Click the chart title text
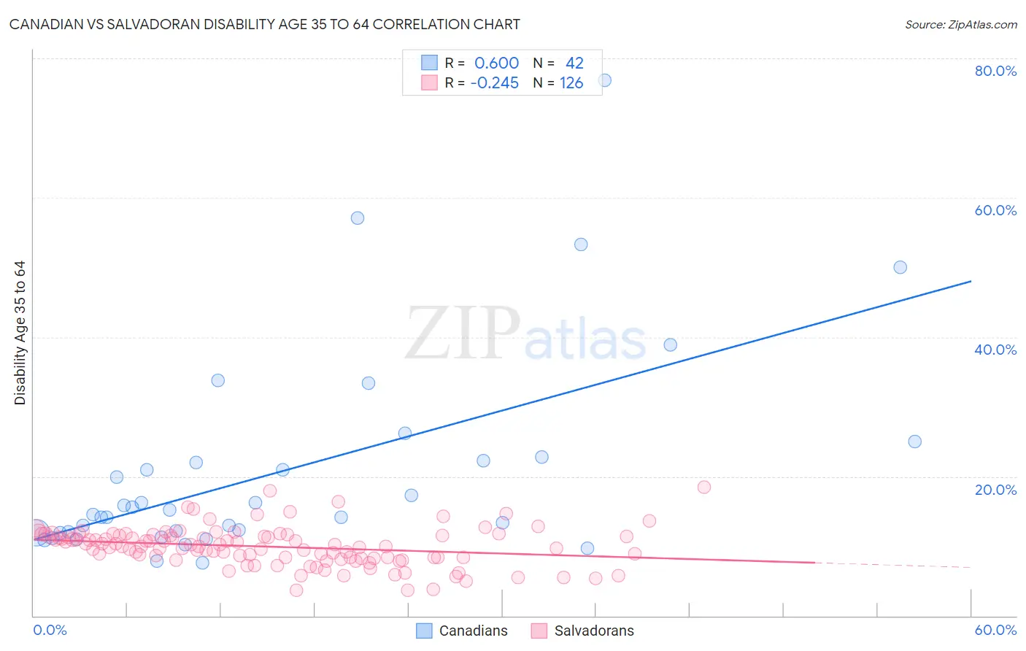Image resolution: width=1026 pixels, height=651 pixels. [264, 25]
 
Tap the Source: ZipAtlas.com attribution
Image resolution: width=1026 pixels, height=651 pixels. [960, 25]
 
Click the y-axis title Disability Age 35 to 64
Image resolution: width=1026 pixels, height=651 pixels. [20, 333]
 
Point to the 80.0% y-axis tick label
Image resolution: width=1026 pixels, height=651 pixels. [995, 71]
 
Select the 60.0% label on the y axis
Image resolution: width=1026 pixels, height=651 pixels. [995, 210]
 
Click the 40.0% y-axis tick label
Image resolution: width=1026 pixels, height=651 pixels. [995, 350]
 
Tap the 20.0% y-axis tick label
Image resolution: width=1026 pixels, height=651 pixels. [995, 490]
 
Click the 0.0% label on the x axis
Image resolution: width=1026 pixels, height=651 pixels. [50, 630]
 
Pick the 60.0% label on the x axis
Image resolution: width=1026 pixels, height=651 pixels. [995, 630]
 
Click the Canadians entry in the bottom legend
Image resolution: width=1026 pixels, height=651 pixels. [473, 631]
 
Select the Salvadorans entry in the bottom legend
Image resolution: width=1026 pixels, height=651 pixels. [594, 631]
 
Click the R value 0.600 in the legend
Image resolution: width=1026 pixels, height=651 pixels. [496, 63]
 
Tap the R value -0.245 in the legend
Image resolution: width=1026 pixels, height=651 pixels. [494, 83]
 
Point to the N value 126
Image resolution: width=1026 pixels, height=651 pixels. [571, 83]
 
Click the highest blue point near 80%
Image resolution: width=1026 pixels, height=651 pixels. [604, 80]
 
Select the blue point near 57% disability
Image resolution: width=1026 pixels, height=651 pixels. [358, 218]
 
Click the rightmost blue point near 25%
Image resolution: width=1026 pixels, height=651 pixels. [914, 442]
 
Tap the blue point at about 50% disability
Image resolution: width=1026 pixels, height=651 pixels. [900, 268]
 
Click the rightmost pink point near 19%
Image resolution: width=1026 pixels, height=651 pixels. [704, 488]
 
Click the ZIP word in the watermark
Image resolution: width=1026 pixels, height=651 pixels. [462, 334]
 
